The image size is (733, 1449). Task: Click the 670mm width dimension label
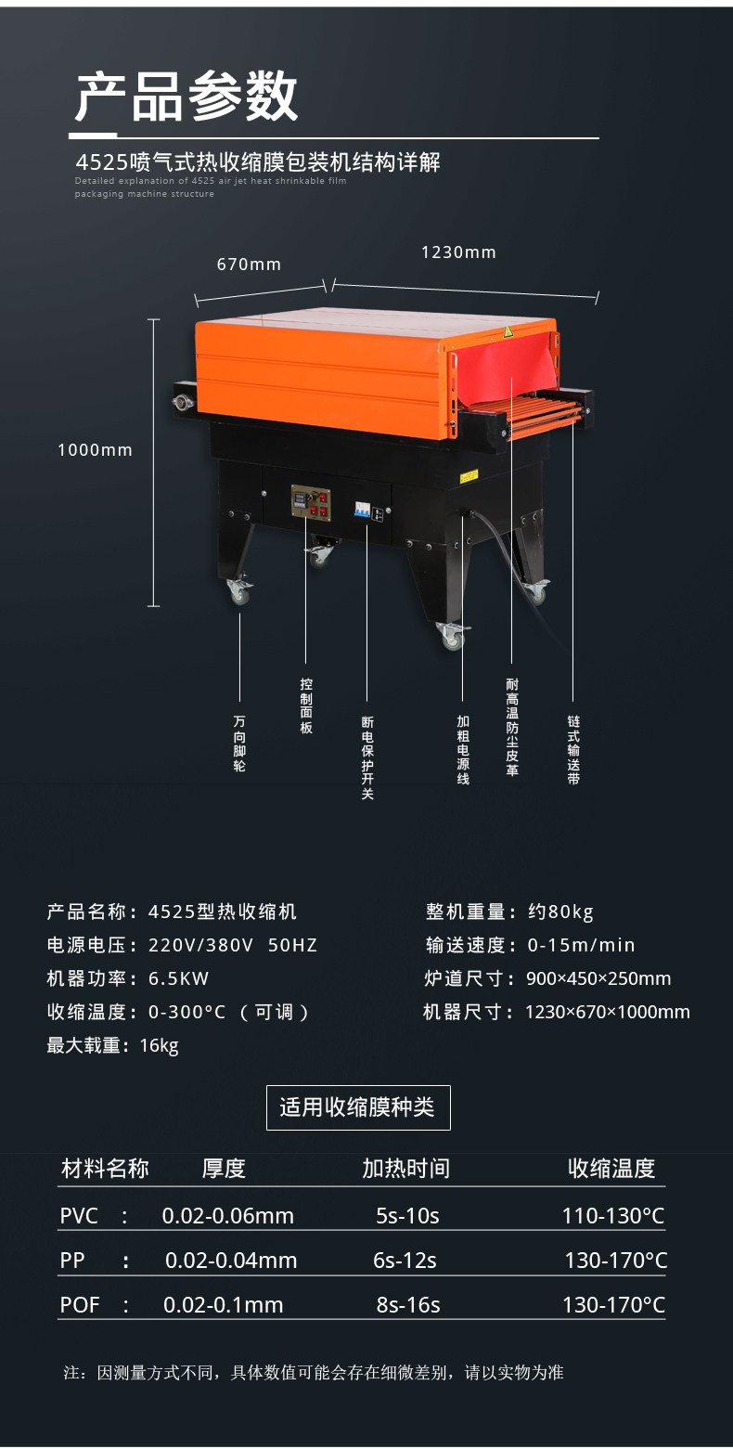tap(249, 265)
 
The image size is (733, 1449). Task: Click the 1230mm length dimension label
tap(458, 252)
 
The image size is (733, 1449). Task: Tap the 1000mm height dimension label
tap(95, 450)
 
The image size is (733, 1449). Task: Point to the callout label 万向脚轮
tap(240, 744)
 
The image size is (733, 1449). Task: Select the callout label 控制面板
tap(306, 706)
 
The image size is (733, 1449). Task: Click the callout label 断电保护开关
tap(367, 757)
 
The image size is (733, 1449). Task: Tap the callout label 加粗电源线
tap(463, 750)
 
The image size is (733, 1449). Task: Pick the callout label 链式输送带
tap(573, 750)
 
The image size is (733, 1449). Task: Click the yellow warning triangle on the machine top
tap(508, 331)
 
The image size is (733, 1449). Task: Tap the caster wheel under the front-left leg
tap(239, 591)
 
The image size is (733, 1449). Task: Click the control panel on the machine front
tap(310, 506)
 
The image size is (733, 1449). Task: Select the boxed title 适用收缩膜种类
tap(358, 1107)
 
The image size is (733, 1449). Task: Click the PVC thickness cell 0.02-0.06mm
tap(227, 1216)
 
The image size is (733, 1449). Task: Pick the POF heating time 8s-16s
tap(408, 1305)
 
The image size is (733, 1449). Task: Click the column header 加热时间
tap(405, 1168)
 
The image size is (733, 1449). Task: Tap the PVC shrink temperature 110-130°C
tap(612, 1216)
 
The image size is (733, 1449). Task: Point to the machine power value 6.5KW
tap(179, 978)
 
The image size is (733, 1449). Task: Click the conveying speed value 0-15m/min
tap(581, 945)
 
